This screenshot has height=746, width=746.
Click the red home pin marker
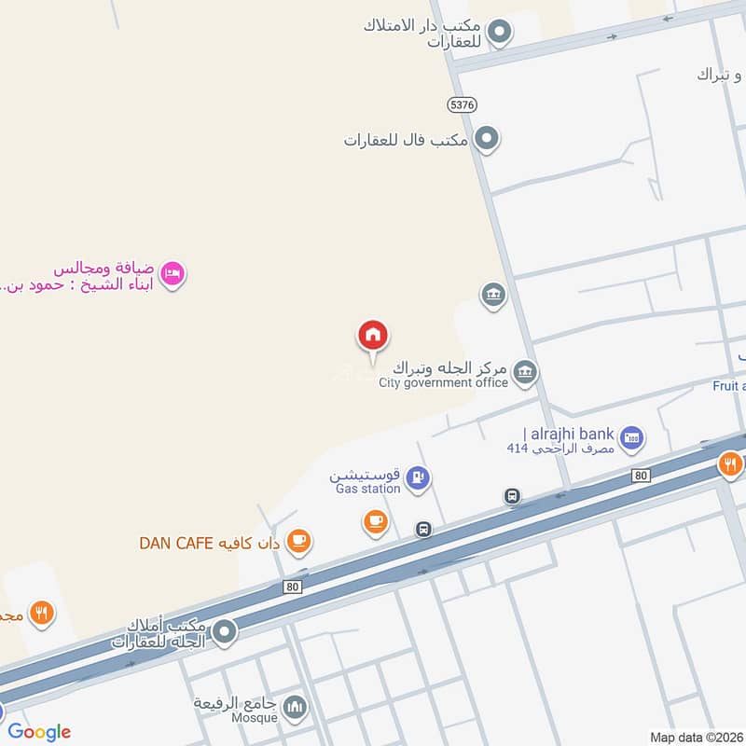click(x=373, y=336)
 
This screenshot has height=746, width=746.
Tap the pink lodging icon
click(x=173, y=274)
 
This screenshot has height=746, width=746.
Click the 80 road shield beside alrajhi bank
click(x=639, y=476)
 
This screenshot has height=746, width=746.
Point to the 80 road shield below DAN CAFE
click(x=293, y=587)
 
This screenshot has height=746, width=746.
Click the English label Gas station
click(x=367, y=488)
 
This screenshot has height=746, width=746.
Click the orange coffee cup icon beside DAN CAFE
click(x=298, y=541)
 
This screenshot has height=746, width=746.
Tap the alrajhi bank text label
click(x=569, y=434)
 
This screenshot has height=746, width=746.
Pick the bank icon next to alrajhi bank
click(x=632, y=436)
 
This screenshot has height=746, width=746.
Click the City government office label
click(x=443, y=382)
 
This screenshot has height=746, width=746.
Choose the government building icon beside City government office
click(x=525, y=373)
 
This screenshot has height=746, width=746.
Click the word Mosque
click(x=257, y=717)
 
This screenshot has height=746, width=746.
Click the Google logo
click(x=39, y=732)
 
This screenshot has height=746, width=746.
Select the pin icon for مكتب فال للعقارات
click(x=486, y=140)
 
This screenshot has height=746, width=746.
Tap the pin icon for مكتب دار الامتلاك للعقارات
click(x=500, y=34)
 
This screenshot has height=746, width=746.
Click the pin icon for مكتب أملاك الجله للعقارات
click(x=224, y=634)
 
